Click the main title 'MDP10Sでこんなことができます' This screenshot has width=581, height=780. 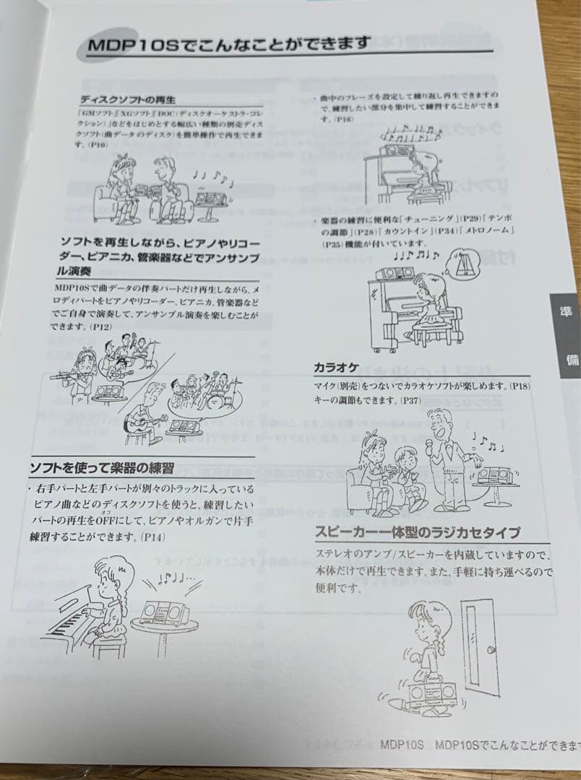229,45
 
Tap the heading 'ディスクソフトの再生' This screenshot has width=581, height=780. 128,99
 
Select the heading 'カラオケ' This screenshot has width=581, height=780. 336,368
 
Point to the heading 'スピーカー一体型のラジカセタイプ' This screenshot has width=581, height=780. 417,534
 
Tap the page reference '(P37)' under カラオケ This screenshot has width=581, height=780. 410,399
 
